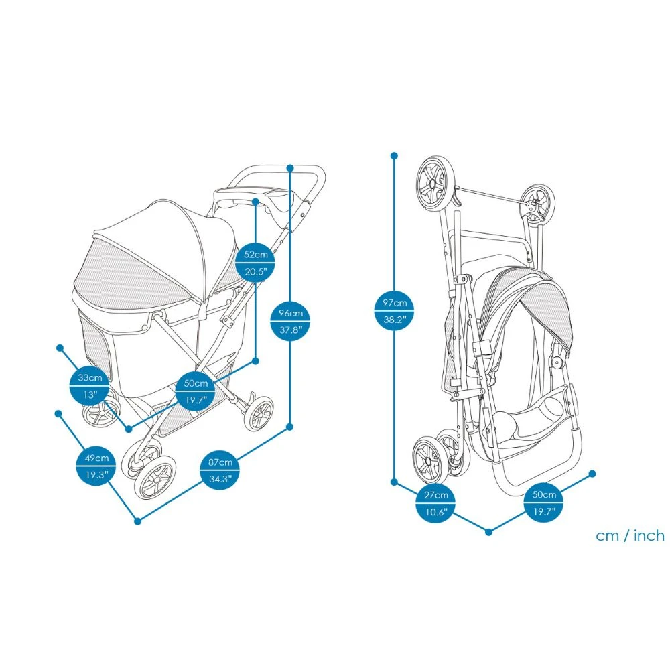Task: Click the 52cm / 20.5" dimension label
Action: pyautogui.click(x=255, y=263)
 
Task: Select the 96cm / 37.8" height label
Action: pyautogui.click(x=290, y=321)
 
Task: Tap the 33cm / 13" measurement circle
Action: pyautogui.click(x=90, y=386)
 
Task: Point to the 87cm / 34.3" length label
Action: pyautogui.click(x=220, y=470)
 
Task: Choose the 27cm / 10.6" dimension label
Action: pyautogui.click(x=435, y=503)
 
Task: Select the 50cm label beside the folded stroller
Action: pyautogui.click(x=543, y=503)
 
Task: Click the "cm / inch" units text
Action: pyautogui.click(x=630, y=535)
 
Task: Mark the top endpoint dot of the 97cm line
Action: pyautogui.click(x=394, y=155)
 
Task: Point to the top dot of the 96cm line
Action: pyautogui.click(x=290, y=167)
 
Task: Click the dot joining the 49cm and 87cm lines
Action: pyautogui.click(x=138, y=521)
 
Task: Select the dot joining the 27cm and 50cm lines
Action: pyautogui.click(x=488, y=532)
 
